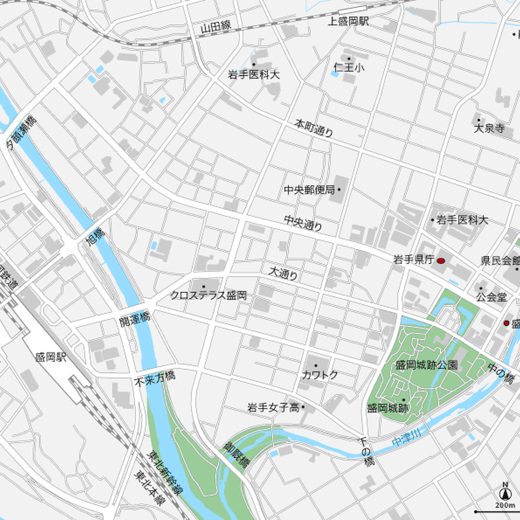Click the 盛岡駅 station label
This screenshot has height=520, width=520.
[x=51, y=358]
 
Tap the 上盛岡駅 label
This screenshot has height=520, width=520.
[x=348, y=21]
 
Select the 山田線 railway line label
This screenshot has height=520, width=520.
[x=216, y=27]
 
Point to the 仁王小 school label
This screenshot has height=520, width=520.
[x=349, y=67]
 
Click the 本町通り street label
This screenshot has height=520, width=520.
[x=314, y=127]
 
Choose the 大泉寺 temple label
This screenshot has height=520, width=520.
[x=489, y=128]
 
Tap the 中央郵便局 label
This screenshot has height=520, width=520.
[x=309, y=190]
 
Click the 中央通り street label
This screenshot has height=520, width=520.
[x=303, y=224]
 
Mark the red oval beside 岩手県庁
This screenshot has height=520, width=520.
[x=441, y=261]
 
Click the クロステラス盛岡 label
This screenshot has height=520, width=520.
[x=209, y=295]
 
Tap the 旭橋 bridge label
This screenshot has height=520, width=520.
[x=96, y=239]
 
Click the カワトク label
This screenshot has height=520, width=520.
[x=320, y=375]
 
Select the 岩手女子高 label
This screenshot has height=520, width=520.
[x=273, y=408]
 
